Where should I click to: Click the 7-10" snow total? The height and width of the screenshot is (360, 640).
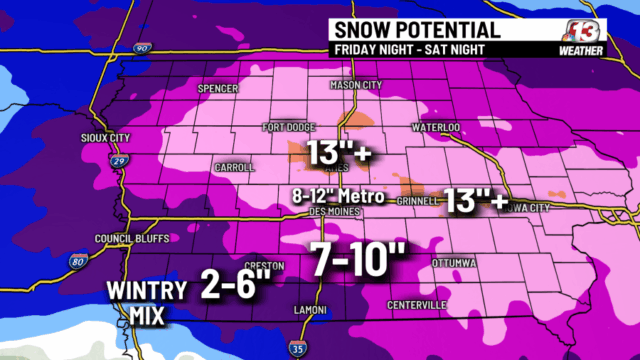[355, 256]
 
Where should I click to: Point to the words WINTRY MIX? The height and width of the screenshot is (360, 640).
[147, 300]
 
